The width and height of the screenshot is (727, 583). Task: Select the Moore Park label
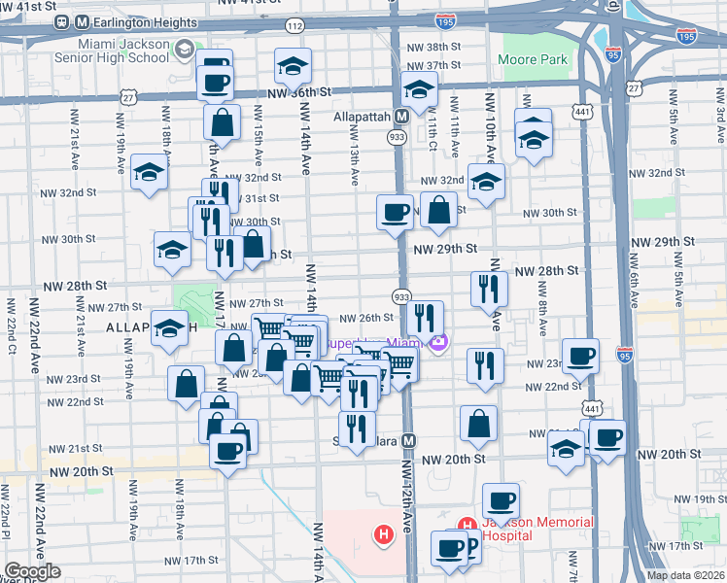[x=532, y=60]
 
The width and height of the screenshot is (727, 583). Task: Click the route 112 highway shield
[x=294, y=24]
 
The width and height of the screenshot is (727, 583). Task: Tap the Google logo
[x=31, y=571]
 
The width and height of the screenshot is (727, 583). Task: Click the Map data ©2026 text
[x=684, y=575]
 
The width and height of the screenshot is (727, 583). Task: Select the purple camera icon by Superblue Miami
[x=441, y=342]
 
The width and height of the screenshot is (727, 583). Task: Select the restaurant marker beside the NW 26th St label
[x=425, y=317]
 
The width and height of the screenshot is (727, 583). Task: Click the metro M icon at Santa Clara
[x=409, y=439]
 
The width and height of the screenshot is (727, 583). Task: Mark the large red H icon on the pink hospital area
[x=384, y=532]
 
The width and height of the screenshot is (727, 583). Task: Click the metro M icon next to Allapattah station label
[x=400, y=116]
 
